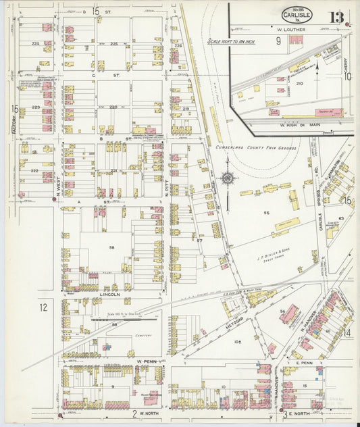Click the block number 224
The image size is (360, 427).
[35, 43]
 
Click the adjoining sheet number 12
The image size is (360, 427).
[43, 307]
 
